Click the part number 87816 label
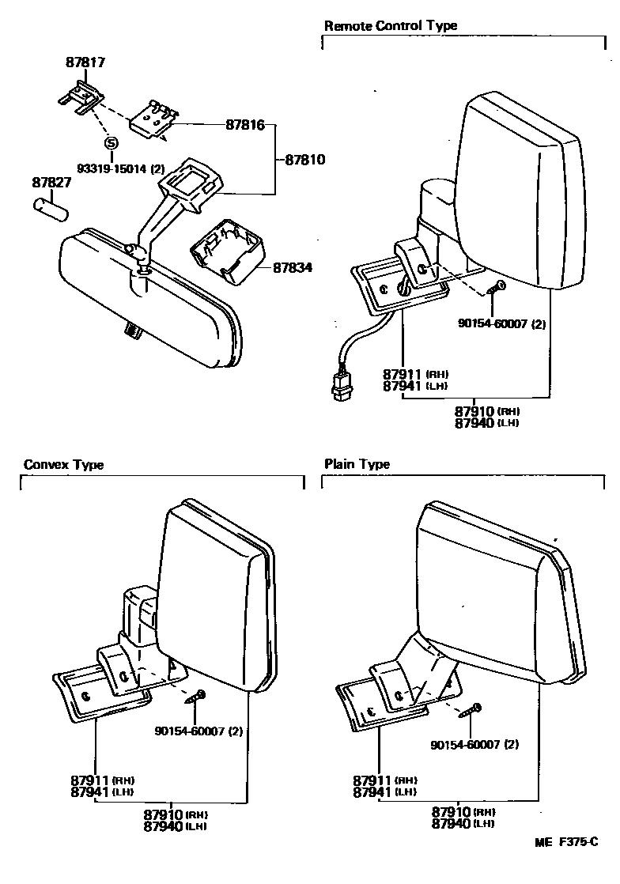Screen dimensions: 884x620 246,125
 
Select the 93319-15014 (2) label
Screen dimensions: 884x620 120,168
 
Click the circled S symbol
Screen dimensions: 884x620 110,143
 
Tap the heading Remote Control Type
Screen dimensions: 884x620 391,25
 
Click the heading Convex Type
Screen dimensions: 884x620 64,465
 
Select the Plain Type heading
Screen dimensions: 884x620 357,465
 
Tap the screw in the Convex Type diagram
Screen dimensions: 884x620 195,697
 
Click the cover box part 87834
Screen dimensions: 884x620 225,249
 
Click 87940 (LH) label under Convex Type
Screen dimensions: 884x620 175,826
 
